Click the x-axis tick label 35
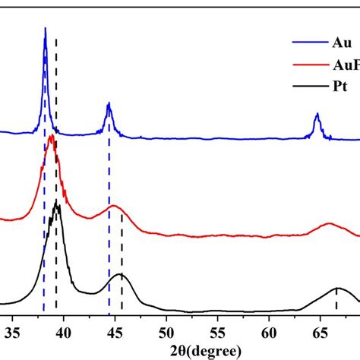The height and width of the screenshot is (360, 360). click(12, 331)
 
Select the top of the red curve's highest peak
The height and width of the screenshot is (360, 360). click(51, 136)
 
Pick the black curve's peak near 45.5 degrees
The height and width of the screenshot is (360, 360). click(119, 274)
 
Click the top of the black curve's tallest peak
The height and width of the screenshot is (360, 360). click(56, 201)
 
